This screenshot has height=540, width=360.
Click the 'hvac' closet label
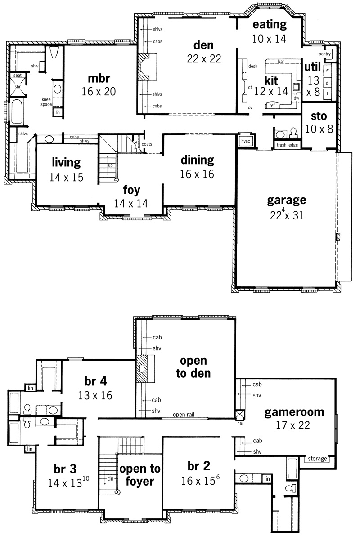[x=246, y=141]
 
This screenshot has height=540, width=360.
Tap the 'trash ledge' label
[x=287, y=145]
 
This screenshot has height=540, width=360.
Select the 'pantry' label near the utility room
[x=324, y=54]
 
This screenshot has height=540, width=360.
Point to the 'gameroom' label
[x=294, y=412]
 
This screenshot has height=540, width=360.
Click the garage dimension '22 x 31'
[x=286, y=215]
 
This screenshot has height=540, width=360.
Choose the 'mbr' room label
[x=99, y=78]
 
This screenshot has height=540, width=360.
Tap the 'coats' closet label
[x=147, y=144]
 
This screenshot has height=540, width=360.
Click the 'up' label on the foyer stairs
[x=110, y=165]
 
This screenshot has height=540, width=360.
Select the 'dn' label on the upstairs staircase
[x=111, y=478]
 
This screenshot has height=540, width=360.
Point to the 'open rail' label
[x=184, y=415]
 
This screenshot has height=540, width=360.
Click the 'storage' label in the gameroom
[x=317, y=459]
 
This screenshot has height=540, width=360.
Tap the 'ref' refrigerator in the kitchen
[x=272, y=105]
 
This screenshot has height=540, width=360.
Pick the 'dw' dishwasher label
[x=296, y=98]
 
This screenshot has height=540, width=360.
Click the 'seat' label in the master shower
[x=18, y=75]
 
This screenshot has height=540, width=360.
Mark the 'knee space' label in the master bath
[x=46, y=102]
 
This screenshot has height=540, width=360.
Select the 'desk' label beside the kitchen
[x=253, y=66]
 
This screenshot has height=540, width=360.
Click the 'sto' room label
[x=319, y=116]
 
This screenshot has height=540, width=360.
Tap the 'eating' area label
[x=270, y=25]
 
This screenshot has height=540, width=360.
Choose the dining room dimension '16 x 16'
[x=197, y=174]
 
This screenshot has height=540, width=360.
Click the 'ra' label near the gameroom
[x=240, y=423]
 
